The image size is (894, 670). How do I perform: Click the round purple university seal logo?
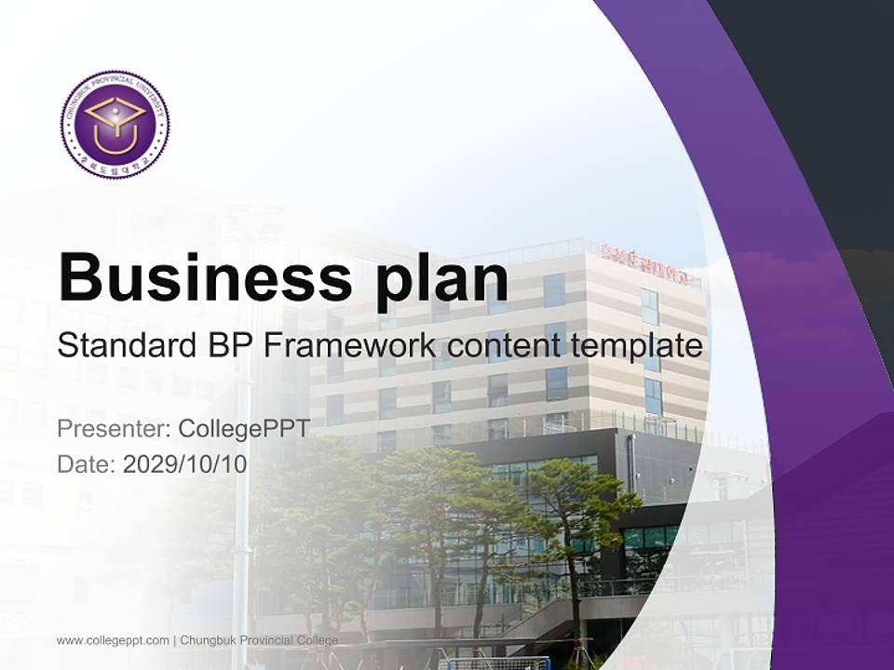[x=115, y=125]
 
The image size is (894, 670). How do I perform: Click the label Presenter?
[x=113, y=429]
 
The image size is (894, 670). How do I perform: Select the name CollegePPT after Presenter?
[x=243, y=429]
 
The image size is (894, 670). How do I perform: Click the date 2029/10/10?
[x=185, y=463]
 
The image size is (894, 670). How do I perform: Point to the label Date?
[x=87, y=463]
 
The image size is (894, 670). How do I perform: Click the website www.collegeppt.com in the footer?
[x=113, y=640]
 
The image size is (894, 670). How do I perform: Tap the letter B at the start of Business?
[x=80, y=276]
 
